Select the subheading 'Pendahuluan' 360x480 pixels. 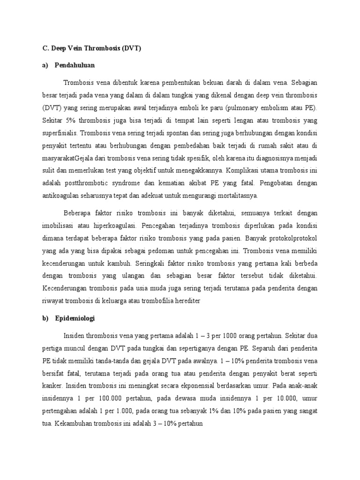coord(75,65)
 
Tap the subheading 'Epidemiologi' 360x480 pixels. coord(75,318)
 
